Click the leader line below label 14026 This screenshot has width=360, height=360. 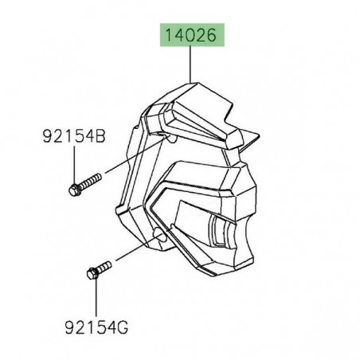coord(191,64)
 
